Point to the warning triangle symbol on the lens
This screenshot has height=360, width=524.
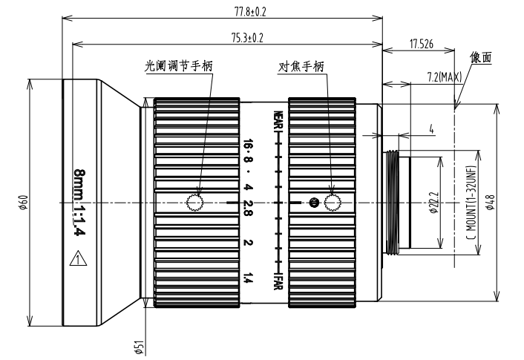[x=76, y=259]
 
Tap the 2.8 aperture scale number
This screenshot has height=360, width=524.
[x=249, y=203]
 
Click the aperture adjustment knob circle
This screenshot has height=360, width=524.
[x=195, y=202]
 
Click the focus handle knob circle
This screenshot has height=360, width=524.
[x=330, y=201]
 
